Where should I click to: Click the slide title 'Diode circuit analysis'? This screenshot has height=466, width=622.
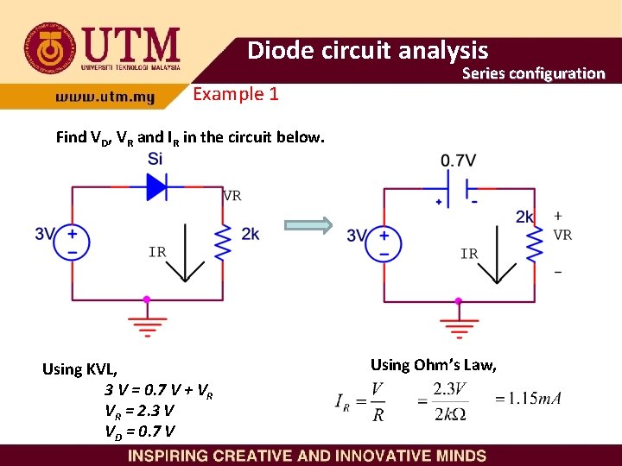pyautogui.click(x=367, y=50)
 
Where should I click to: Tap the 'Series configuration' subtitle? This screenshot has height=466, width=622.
pyautogui.click(x=533, y=73)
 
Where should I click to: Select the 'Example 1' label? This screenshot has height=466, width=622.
pyautogui.click(x=235, y=94)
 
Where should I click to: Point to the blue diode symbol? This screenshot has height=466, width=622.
pyautogui.click(x=156, y=185)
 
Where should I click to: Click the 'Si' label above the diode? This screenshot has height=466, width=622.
pyautogui.click(x=155, y=159)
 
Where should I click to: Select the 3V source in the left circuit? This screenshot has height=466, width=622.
pyautogui.click(x=72, y=240)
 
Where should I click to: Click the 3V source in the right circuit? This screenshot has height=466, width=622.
pyautogui.click(x=384, y=242)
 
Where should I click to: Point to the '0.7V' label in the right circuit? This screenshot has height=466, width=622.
pyautogui.click(x=458, y=161)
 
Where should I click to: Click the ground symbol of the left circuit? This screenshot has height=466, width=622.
pyautogui.click(x=147, y=323)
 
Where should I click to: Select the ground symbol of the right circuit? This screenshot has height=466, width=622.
pyautogui.click(x=459, y=324)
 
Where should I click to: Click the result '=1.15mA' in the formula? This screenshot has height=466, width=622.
pyautogui.click(x=529, y=399)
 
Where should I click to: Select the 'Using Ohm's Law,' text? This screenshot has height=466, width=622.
pyautogui.click(x=433, y=365)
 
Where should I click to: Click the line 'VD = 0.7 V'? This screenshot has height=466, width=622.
pyautogui.click(x=140, y=431)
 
